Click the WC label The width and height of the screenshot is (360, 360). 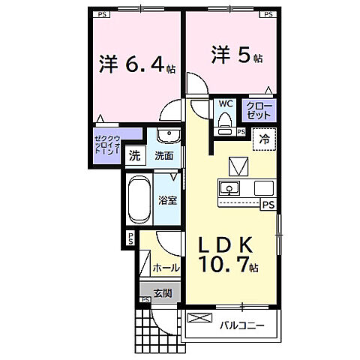click(226, 106)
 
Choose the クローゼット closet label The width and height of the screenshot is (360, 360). click(259, 112)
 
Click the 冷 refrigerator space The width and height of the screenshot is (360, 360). click(265, 138)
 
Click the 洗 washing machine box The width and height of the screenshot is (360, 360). click(134, 157)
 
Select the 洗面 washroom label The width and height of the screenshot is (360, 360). click(164, 157)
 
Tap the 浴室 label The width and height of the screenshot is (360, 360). click(167, 200)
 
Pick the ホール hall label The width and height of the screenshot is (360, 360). click(165, 268)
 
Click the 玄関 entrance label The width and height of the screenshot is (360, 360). click(162, 292)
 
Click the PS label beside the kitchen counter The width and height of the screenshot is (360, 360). click(267, 202)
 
